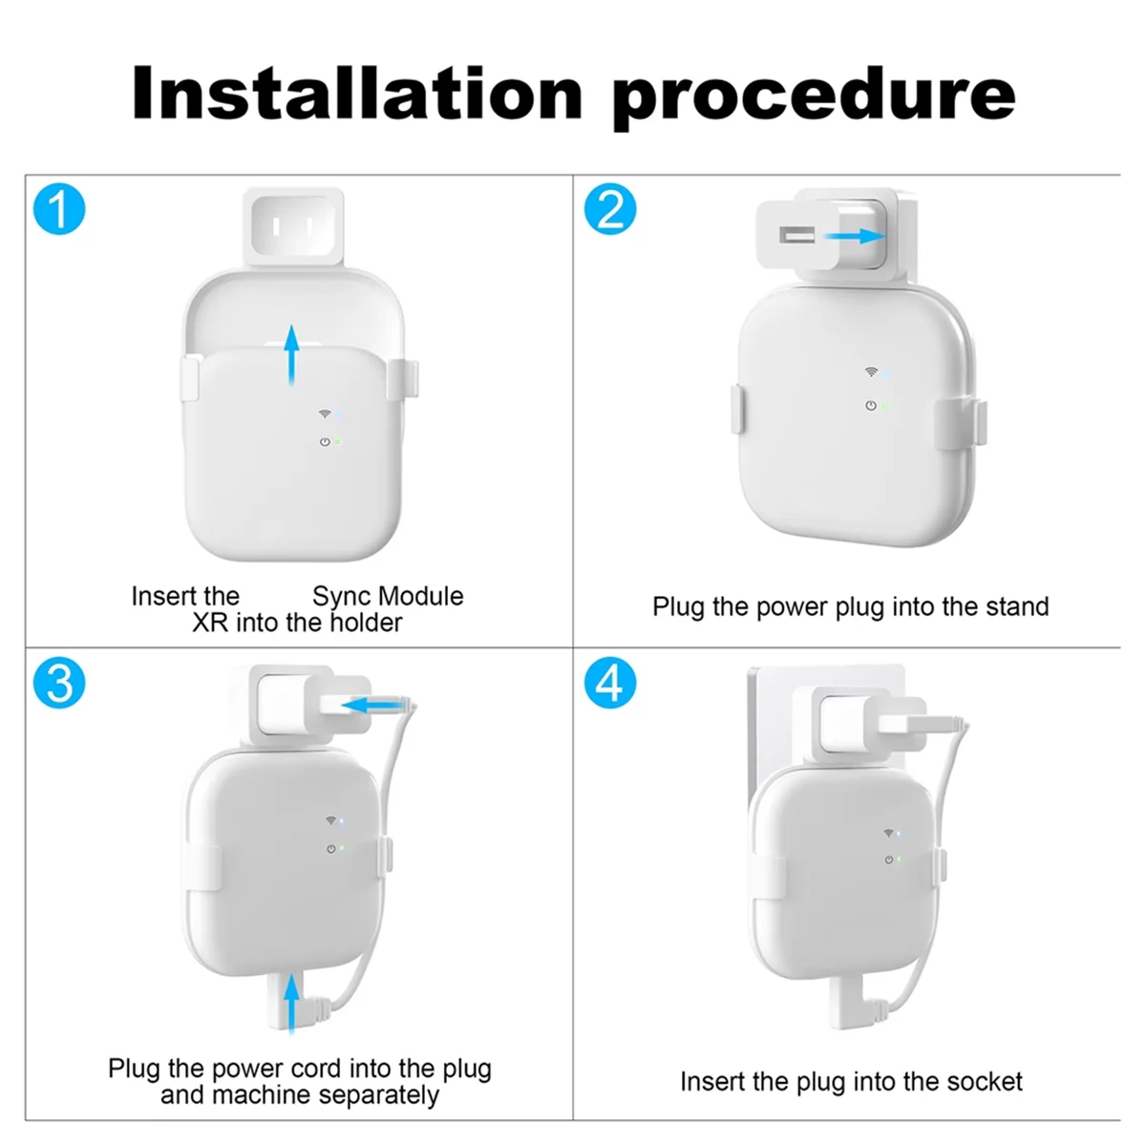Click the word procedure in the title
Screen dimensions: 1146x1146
813,95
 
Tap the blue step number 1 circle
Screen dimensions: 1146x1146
59,210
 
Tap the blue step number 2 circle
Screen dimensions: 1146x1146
609,210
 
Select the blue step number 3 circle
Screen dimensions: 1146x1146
59,684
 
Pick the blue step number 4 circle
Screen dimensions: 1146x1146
609,684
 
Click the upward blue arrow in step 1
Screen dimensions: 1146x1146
292,353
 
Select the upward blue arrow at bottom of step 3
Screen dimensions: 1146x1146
291,1003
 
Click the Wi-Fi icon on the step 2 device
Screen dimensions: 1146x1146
870,371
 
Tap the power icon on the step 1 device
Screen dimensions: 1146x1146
325,442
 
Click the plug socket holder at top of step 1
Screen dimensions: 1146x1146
293,226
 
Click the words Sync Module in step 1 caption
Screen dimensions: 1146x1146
388,596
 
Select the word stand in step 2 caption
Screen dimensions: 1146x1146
1015,606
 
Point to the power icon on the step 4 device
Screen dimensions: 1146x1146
888,859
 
